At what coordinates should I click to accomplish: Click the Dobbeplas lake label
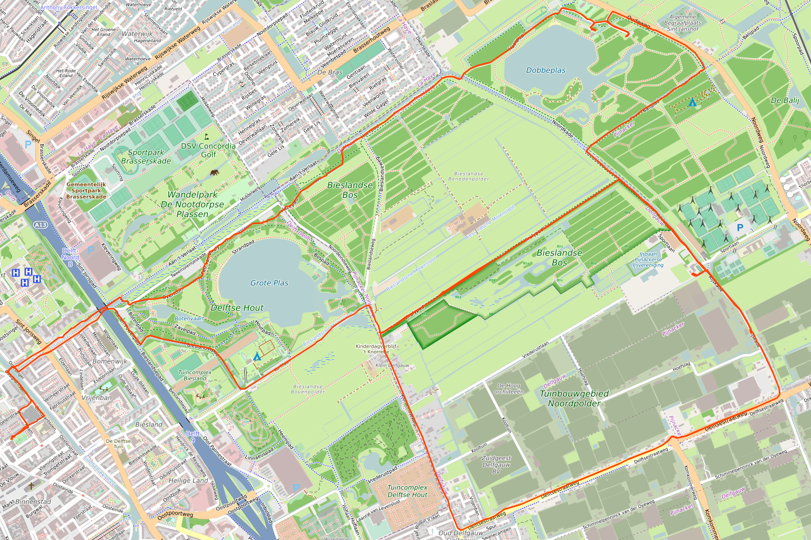pos(545,70)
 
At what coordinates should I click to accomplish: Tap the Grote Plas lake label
pos(269,283)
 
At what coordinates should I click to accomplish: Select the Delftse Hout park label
pos(237,308)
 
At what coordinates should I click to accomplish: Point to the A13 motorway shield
pos(40,225)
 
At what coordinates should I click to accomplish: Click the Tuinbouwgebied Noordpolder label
pos(574,398)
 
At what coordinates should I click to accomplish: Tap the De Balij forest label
pos(785,100)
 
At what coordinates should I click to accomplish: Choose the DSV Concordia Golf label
pos(208,150)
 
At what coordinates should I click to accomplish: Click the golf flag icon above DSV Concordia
pos(206,136)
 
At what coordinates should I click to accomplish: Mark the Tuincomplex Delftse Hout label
pos(407,491)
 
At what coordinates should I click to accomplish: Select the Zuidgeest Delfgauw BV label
pos(496,465)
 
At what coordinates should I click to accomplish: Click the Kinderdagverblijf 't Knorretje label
pos(376,349)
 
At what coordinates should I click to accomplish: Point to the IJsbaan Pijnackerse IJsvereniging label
pos(648,259)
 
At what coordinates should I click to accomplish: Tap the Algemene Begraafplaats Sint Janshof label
pos(682,23)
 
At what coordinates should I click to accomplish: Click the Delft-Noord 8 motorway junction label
pos(70,257)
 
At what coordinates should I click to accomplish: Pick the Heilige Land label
pos(188,481)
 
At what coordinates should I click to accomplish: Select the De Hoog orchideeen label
pos(508,388)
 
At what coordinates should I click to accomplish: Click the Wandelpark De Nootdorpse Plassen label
pos(193,204)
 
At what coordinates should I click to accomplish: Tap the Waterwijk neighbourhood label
pos(137,34)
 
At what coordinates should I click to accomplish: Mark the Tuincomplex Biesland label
pos(195,375)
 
